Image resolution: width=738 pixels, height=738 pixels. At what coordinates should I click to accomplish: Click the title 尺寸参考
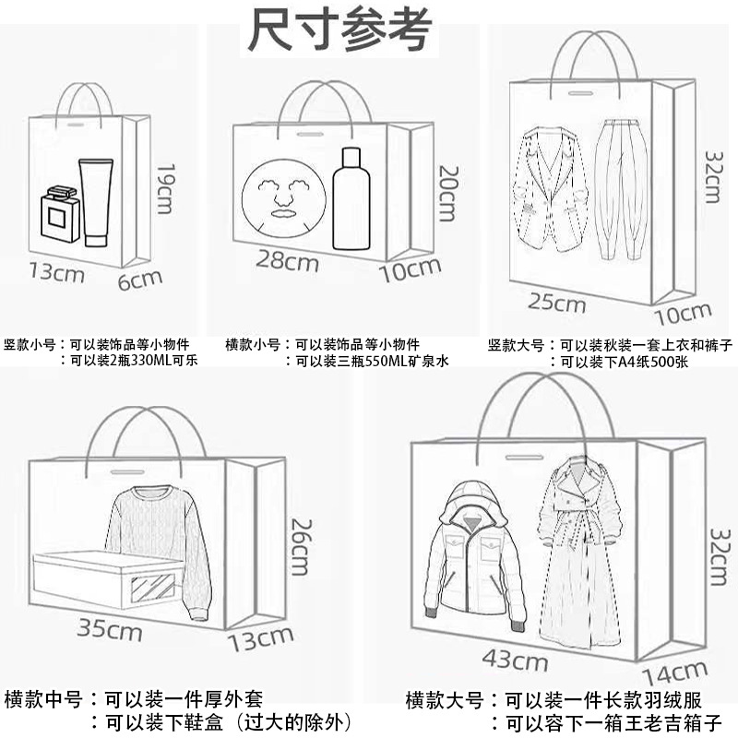[339, 30]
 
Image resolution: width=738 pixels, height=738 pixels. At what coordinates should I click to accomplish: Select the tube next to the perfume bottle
[96, 202]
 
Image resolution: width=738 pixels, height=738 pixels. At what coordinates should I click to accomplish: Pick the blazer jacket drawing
[552, 190]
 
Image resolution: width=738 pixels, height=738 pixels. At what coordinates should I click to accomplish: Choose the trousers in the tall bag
[615, 188]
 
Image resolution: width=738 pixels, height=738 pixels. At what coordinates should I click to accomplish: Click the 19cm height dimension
[165, 189]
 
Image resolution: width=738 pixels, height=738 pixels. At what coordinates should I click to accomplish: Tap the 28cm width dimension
[287, 263]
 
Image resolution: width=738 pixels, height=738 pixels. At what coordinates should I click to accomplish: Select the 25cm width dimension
[557, 303]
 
